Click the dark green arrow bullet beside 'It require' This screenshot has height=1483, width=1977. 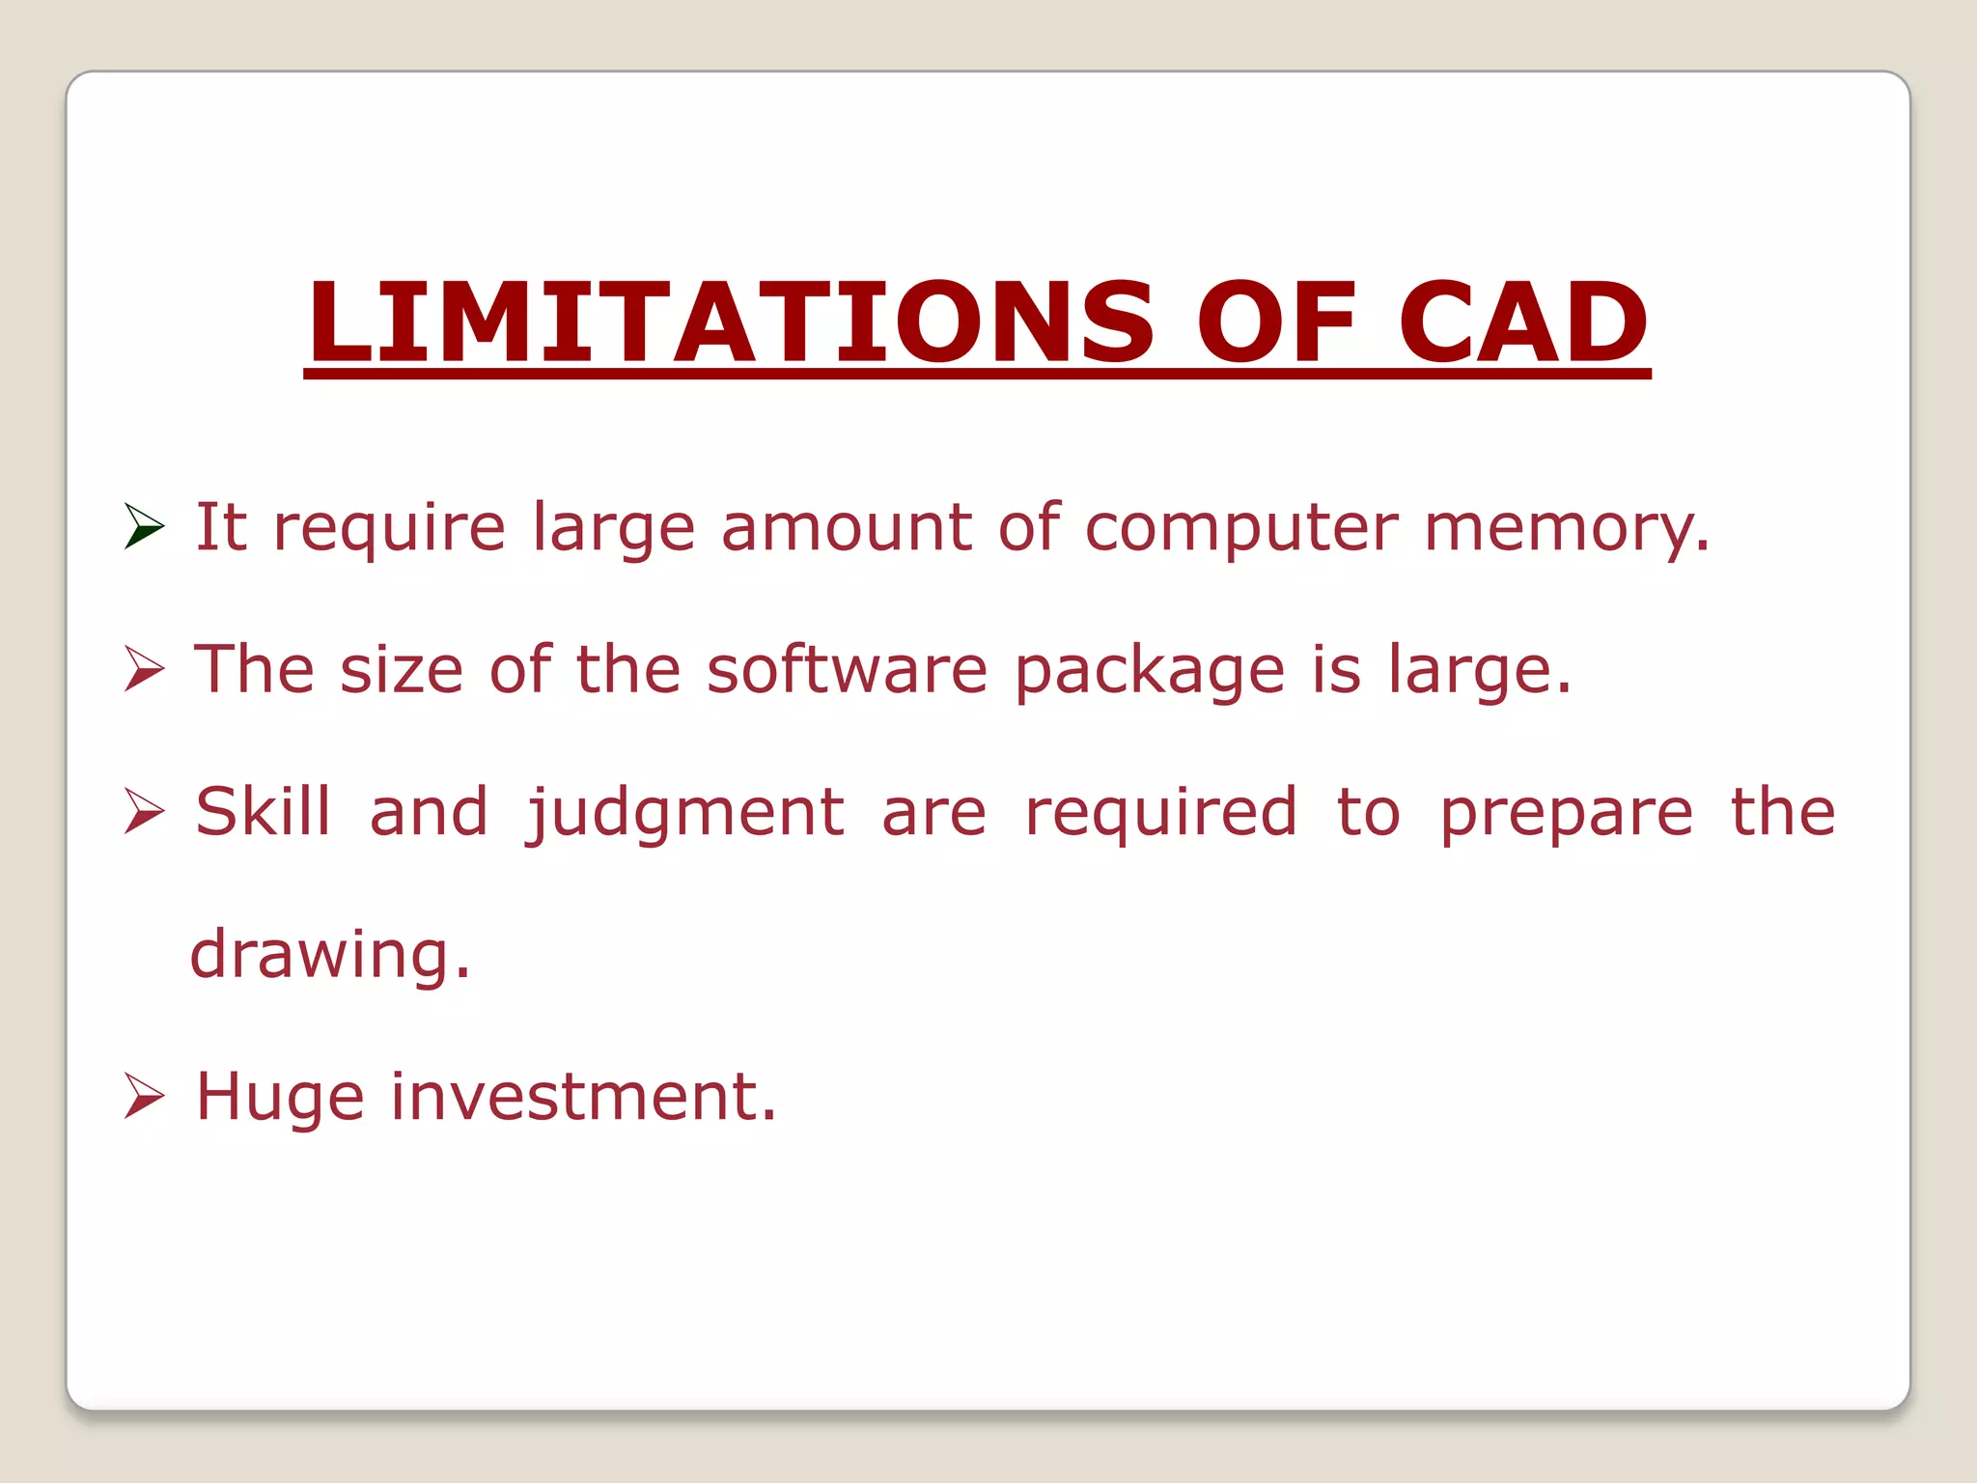coord(145,526)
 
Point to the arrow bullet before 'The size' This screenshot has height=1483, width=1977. coord(145,669)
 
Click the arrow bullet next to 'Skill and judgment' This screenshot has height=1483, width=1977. coord(145,811)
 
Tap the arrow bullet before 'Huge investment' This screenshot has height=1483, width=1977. coord(145,1097)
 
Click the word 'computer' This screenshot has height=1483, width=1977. coord(1241,530)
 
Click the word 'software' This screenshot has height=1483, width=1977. coord(847,669)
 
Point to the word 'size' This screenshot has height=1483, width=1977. coord(402,669)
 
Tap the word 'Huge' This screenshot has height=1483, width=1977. coord(280,1099)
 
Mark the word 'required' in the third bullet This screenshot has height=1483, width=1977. coord(1160,814)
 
